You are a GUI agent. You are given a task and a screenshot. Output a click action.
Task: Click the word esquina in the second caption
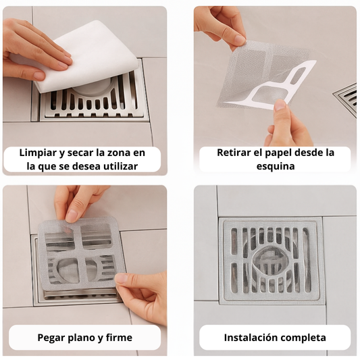[x=276, y=166]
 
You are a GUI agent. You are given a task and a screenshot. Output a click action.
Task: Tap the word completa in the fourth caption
[x=303, y=338]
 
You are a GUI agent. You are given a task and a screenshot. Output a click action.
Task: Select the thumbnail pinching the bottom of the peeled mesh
[x=280, y=105]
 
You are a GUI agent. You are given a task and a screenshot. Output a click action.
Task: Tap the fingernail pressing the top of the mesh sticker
[x=71, y=216]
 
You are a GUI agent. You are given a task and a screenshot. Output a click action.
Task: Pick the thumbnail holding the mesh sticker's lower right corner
[x=121, y=279]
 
